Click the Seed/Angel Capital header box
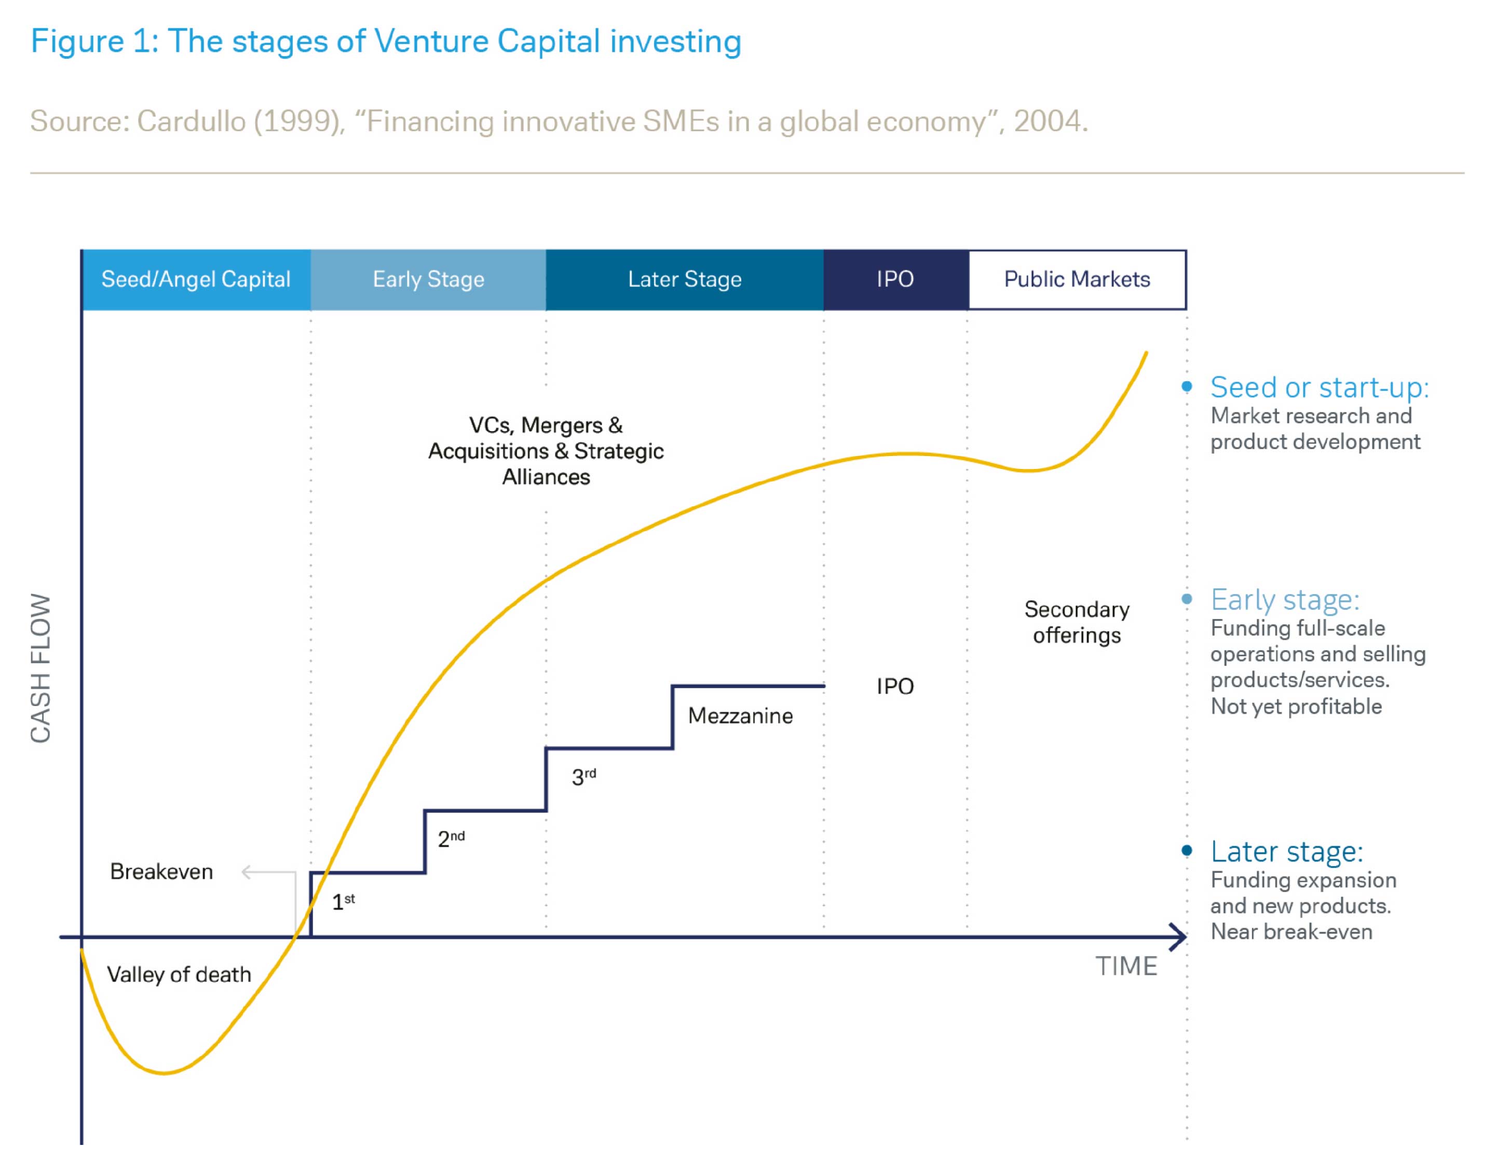[x=196, y=279]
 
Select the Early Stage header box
[x=428, y=279]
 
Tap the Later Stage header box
[x=684, y=279]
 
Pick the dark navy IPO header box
[x=895, y=279]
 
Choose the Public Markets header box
[x=1077, y=279]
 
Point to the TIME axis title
[x=1126, y=966]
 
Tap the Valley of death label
[x=179, y=974]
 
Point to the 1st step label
[x=343, y=901]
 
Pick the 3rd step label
[x=583, y=777]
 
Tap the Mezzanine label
[x=740, y=715]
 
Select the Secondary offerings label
[x=1077, y=622]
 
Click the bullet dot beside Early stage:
[x=1187, y=599]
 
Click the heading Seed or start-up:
[x=1319, y=388]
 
